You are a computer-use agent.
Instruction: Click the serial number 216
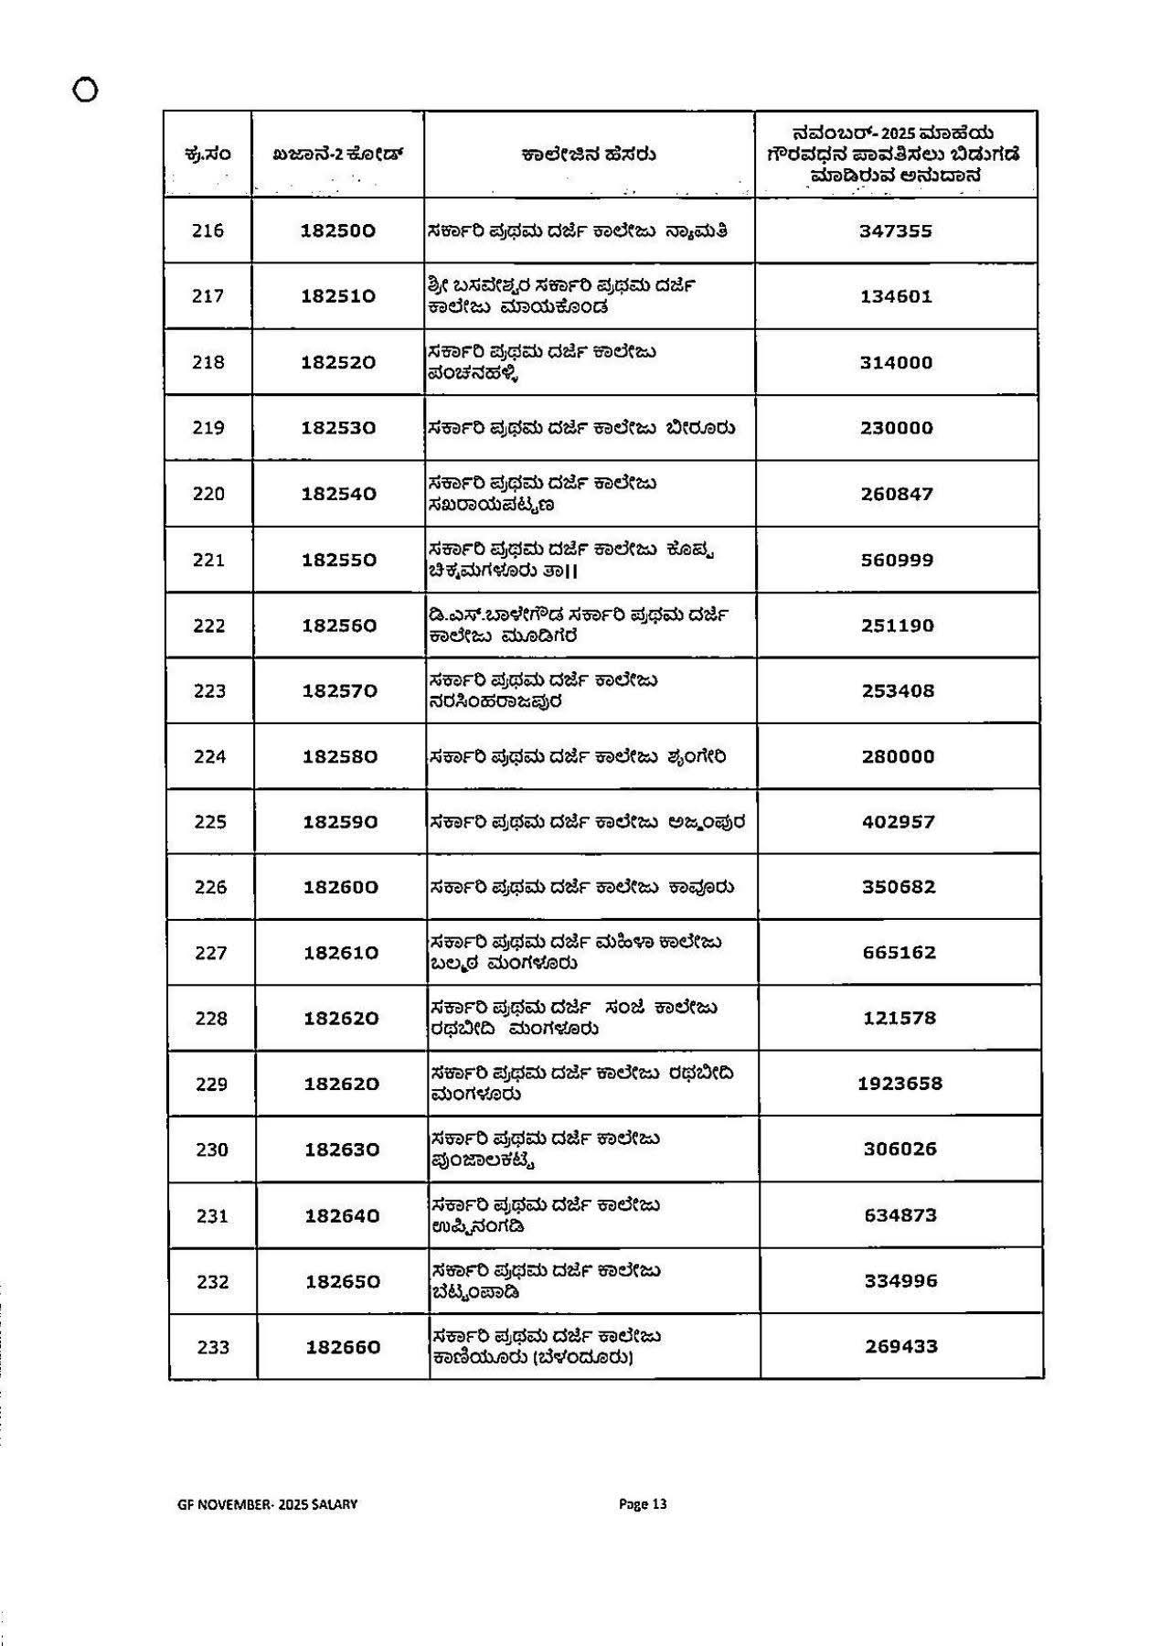(208, 230)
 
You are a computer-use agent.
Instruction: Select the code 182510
(338, 296)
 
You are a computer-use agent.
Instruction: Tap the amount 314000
(896, 362)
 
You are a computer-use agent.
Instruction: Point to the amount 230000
(896, 428)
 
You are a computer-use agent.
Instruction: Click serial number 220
(208, 494)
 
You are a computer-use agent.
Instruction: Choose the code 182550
(339, 560)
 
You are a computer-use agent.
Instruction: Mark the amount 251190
(897, 625)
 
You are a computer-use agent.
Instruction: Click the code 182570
(340, 691)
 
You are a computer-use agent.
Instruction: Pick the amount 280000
(898, 756)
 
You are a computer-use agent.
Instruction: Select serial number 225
(210, 822)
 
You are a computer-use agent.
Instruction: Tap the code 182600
(340, 887)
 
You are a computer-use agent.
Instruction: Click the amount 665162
(900, 952)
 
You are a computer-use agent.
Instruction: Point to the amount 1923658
(900, 1084)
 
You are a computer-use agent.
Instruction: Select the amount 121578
(900, 1018)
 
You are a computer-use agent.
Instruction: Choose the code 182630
(342, 1149)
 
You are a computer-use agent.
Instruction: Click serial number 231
(212, 1216)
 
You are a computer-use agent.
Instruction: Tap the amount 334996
(901, 1281)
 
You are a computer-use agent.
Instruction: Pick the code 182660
(343, 1347)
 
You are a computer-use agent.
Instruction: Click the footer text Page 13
(643, 1504)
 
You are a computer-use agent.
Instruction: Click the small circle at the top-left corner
(85, 91)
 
